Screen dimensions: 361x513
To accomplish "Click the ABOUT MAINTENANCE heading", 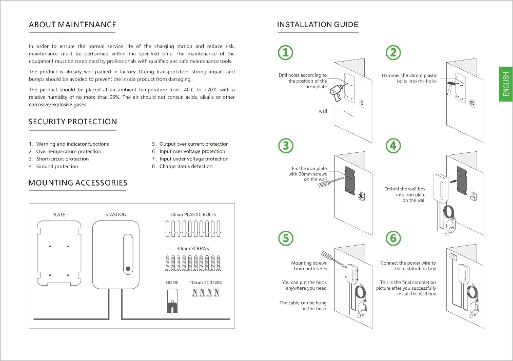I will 72,25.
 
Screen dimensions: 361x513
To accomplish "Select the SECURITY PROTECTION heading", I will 72,122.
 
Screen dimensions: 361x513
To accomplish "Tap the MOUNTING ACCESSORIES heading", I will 77,183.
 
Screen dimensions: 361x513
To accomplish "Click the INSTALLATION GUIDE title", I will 318,25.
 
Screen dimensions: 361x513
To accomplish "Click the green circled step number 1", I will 286,52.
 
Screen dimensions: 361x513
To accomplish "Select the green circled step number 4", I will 393,146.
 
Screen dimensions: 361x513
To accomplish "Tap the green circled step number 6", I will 393,238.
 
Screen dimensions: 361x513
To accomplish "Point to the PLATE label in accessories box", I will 58,214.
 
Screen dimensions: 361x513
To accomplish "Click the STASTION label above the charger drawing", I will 115,214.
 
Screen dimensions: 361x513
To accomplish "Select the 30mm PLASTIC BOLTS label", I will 193,214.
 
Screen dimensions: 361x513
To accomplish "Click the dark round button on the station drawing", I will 127,268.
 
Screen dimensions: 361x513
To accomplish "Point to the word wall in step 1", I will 323,111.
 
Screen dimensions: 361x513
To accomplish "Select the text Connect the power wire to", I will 408,263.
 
